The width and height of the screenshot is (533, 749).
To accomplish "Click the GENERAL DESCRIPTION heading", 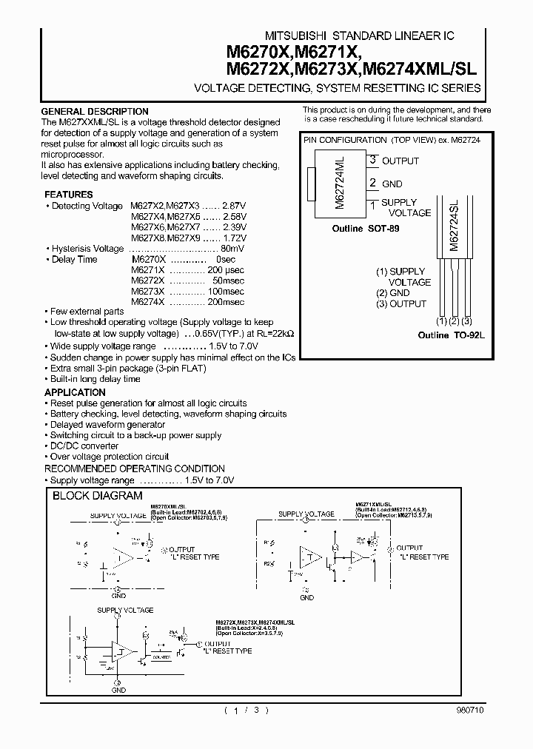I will click(x=95, y=112).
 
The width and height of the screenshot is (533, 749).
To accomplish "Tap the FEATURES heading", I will click(x=68, y=195).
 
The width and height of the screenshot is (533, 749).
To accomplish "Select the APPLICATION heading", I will click(x=75, y=392).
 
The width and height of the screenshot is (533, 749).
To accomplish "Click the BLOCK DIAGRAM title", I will click(x=97, y=496).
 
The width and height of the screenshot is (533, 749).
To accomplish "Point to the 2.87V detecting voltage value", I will click(x=234, y=206).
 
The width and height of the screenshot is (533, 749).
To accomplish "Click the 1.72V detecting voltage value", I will click(x=234, y=238).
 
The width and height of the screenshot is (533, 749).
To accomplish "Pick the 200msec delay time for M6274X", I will click(x=226, y=302).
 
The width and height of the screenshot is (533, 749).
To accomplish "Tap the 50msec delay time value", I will click(x=228, y=281).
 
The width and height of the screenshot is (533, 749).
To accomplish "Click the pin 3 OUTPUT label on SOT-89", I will click(x=400, y=161).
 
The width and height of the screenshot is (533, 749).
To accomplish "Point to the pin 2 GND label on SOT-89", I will click(x=392, y=183).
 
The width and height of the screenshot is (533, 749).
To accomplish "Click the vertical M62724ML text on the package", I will click(x=341, y=181).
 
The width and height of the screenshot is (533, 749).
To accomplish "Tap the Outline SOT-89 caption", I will click(x=365, y=229).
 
